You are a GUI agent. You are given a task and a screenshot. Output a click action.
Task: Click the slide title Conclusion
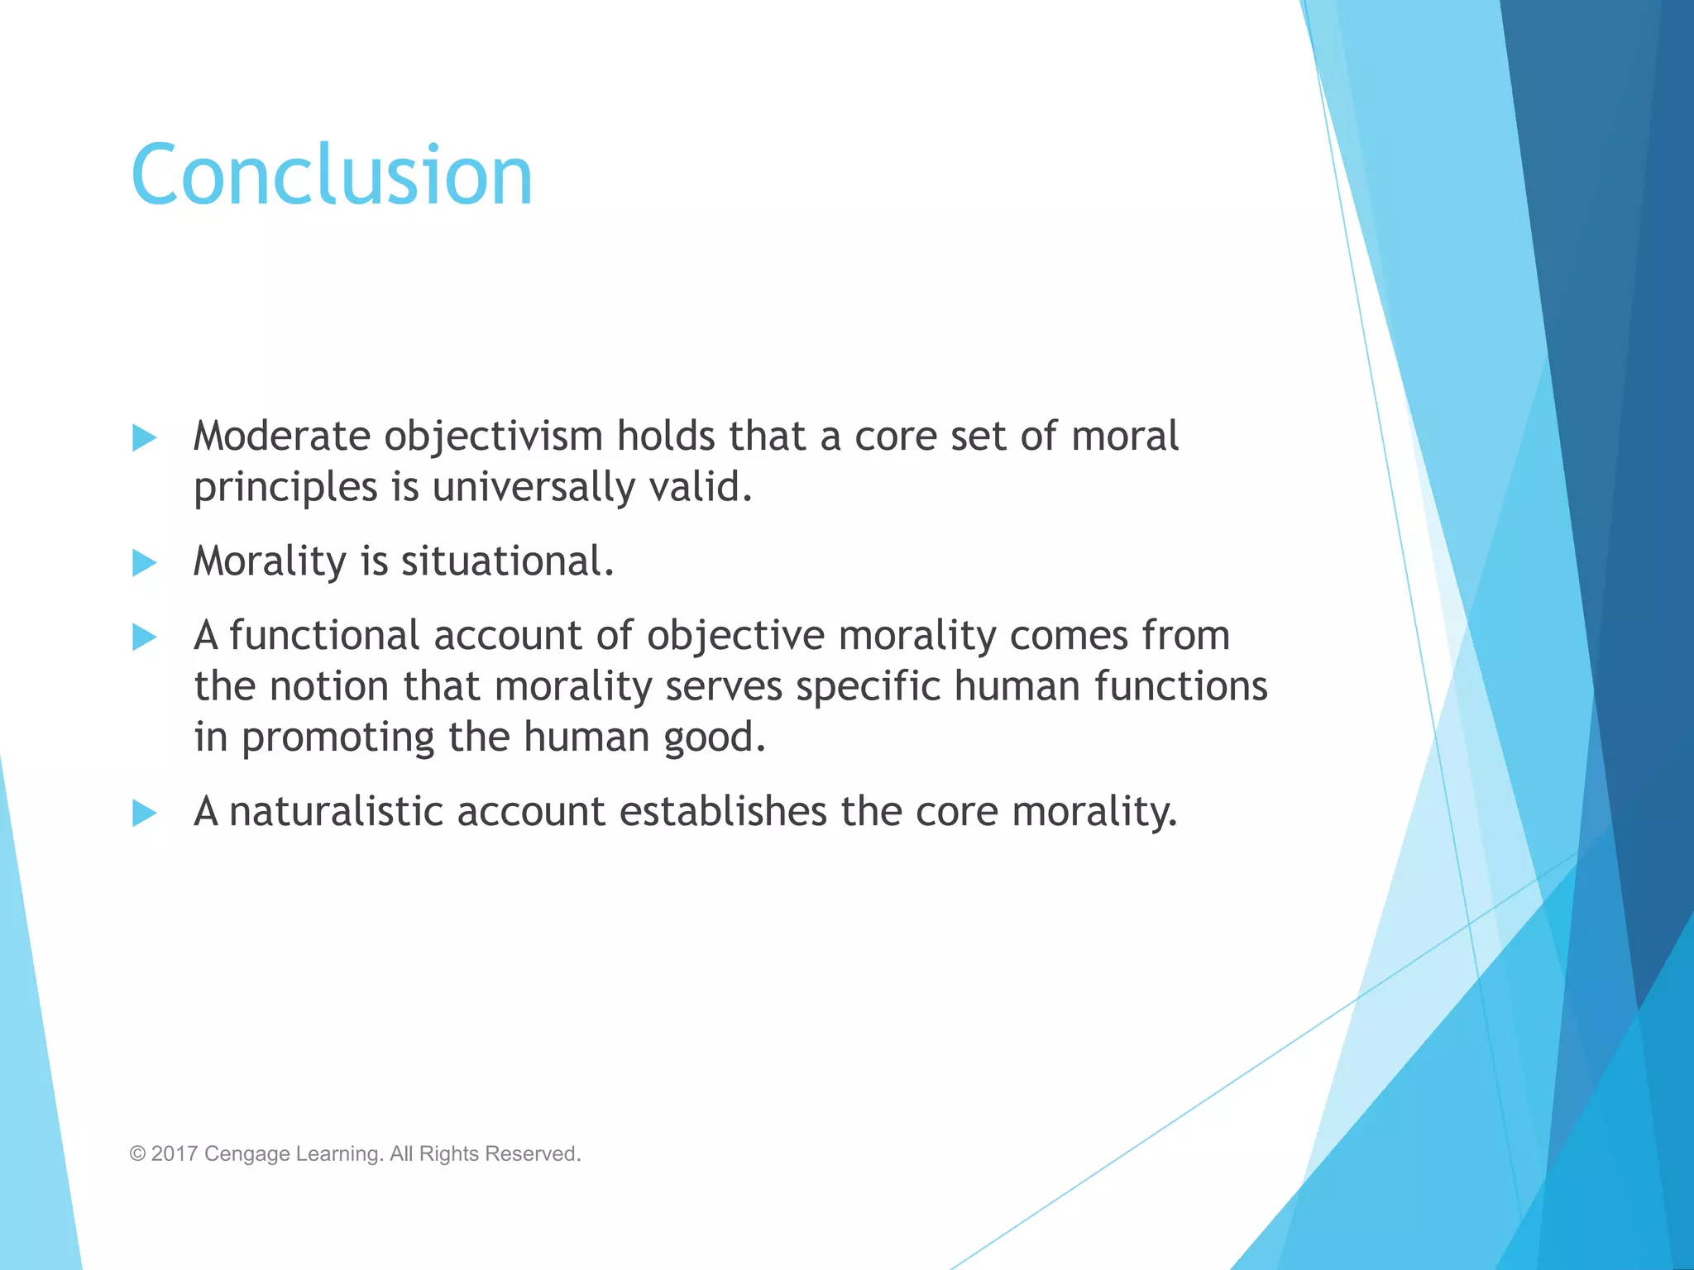tap(332, 174)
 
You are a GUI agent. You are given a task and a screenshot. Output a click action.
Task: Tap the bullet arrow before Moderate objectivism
tap(144, 438)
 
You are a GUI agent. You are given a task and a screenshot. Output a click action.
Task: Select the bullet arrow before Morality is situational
tap(144, 563)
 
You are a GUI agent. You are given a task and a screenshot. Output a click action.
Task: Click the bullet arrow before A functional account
tap(144, 637)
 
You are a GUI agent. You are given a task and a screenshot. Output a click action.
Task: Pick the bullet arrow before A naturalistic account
tap(144, 814)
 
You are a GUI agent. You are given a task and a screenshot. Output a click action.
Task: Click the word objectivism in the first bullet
tap(493, 437)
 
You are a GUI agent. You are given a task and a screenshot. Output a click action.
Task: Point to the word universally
tap(534, 487)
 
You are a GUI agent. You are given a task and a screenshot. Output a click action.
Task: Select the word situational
tap(507, 561)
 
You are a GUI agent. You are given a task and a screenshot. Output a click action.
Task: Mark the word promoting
tap(337, 738)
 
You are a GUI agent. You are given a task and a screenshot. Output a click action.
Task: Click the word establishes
tap(723, 811)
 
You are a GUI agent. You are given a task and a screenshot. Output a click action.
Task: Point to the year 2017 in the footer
tap(175, 1153)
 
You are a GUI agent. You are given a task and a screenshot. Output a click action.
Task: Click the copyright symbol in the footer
tap(137, 1153)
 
